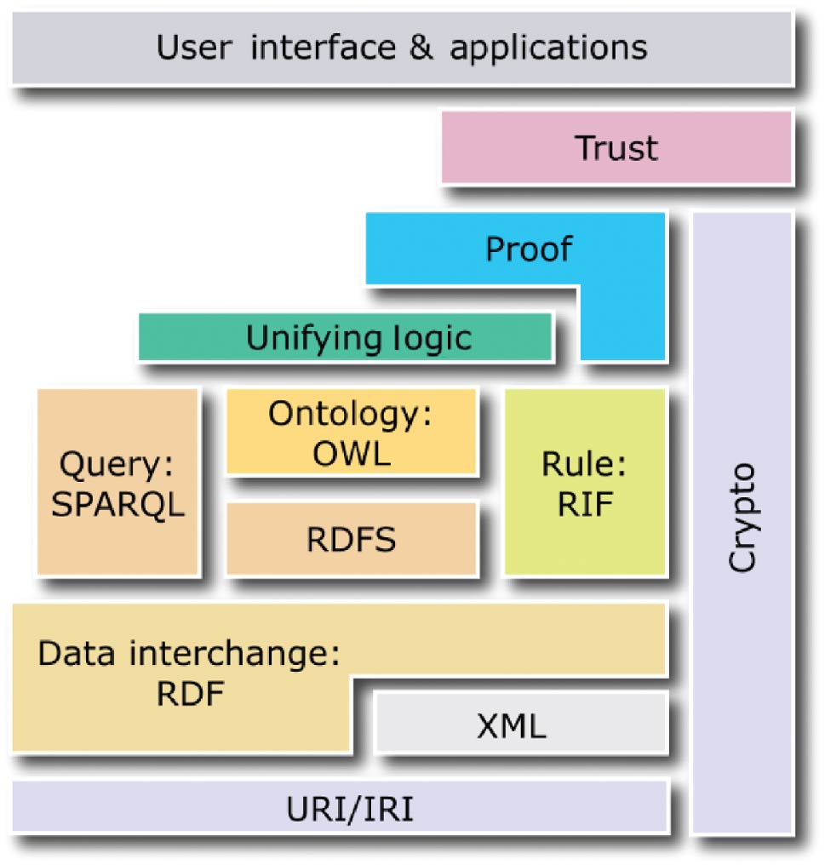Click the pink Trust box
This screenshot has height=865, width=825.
point(616,148)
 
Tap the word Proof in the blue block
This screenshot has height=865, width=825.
point(528,249)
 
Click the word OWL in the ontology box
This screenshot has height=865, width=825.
point(351,453)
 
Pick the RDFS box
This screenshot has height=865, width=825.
point(351,540)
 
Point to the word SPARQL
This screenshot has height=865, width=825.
point(117,505)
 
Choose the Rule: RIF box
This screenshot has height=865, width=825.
point(585,482)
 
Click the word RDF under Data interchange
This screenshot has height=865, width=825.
point(190,695)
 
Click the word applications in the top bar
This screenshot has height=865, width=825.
point(549,48)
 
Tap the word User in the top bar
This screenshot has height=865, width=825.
point(194,46)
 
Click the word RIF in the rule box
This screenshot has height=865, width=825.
point(585,505)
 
